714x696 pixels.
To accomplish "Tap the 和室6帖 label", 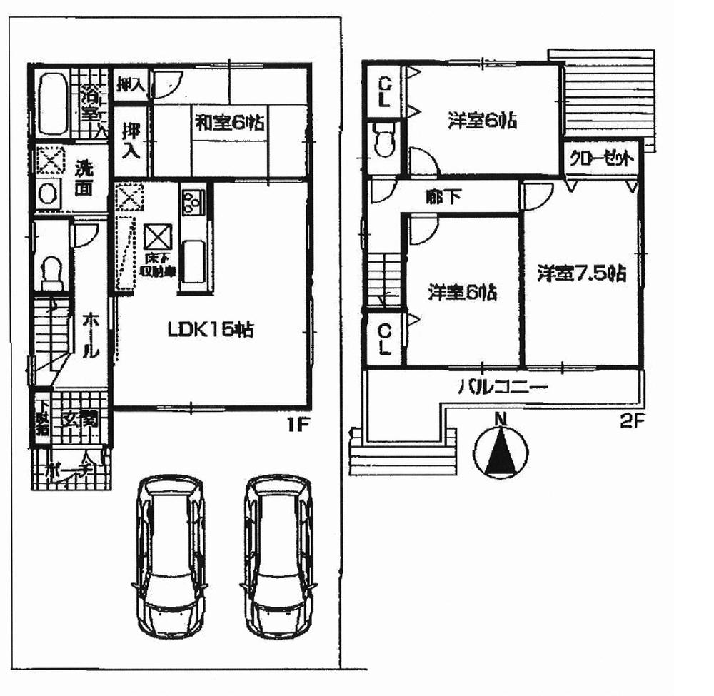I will [229, 123].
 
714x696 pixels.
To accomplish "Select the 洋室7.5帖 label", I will [582, 273].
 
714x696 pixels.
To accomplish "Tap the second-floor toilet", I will [383, 139].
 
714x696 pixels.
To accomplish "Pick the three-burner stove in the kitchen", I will [193, 202].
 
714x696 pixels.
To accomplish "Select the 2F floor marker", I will [631, 422].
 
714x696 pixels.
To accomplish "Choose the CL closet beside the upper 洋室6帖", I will [383, 91].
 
